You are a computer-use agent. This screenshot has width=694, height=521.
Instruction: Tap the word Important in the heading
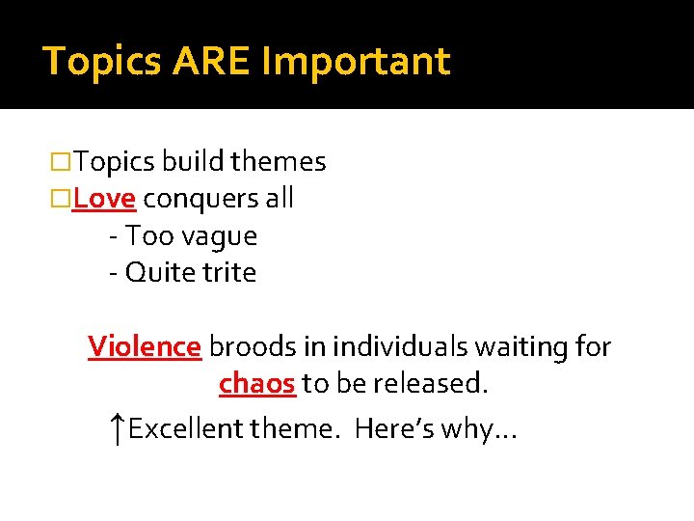pyautogui.click(x=356, y=62)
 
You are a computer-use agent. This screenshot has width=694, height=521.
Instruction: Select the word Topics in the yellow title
pyautogui.click(x=103, y=61)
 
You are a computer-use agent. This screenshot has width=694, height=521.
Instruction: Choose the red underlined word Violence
pyautogui.click(x=145, y=346)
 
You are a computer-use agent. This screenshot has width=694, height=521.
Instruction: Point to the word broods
pyautogui.click(x=247, y=346)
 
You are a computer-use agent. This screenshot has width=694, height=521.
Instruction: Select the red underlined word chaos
pyautogui.click(x=256, y=384)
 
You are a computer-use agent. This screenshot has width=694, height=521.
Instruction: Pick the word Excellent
pyautogui.click(x=186, y=427)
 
